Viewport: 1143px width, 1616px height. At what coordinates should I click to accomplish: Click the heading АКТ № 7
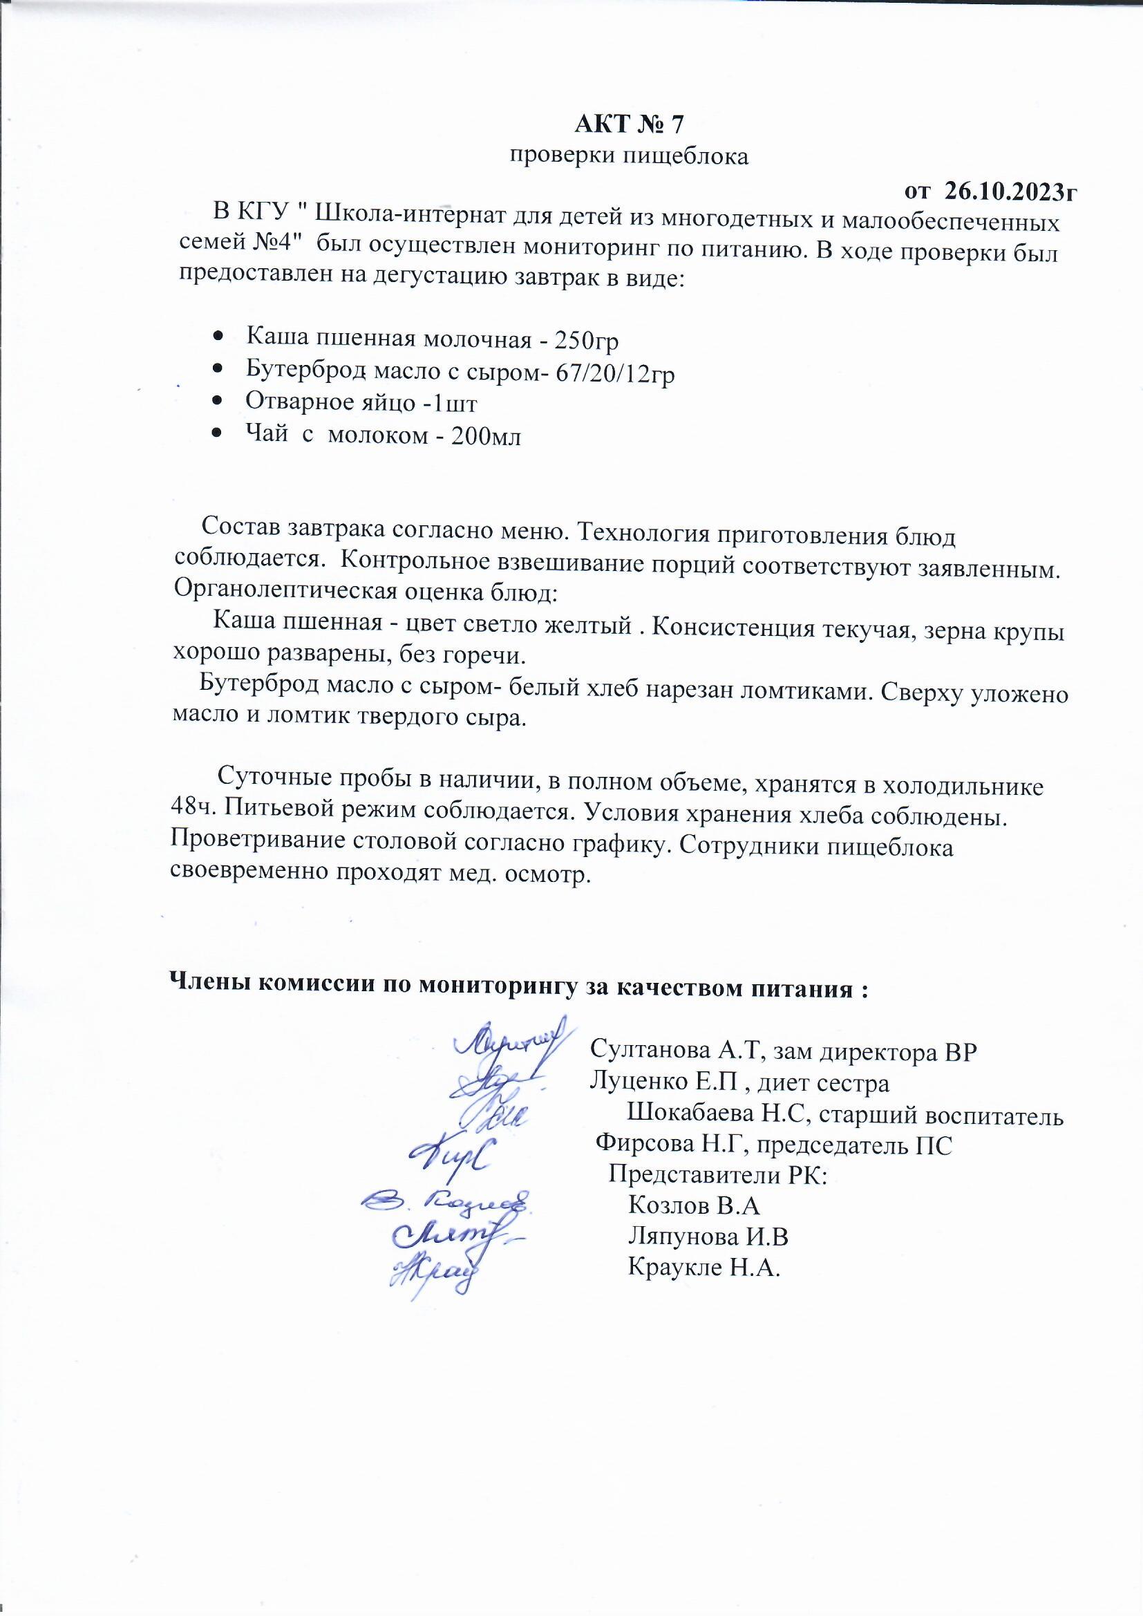[628, 124]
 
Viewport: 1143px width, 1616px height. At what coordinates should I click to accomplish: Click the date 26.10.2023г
[1011, 190]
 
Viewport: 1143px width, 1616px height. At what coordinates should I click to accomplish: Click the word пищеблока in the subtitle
[687, 156]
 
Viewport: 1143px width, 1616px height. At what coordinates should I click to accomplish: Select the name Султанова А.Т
[677, 1051]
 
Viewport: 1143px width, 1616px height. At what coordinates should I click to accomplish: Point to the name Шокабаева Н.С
[717, 1116]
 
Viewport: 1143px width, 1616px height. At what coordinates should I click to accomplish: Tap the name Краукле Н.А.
[704, 1268]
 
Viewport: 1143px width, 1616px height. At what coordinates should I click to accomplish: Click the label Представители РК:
[717, 1176]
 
